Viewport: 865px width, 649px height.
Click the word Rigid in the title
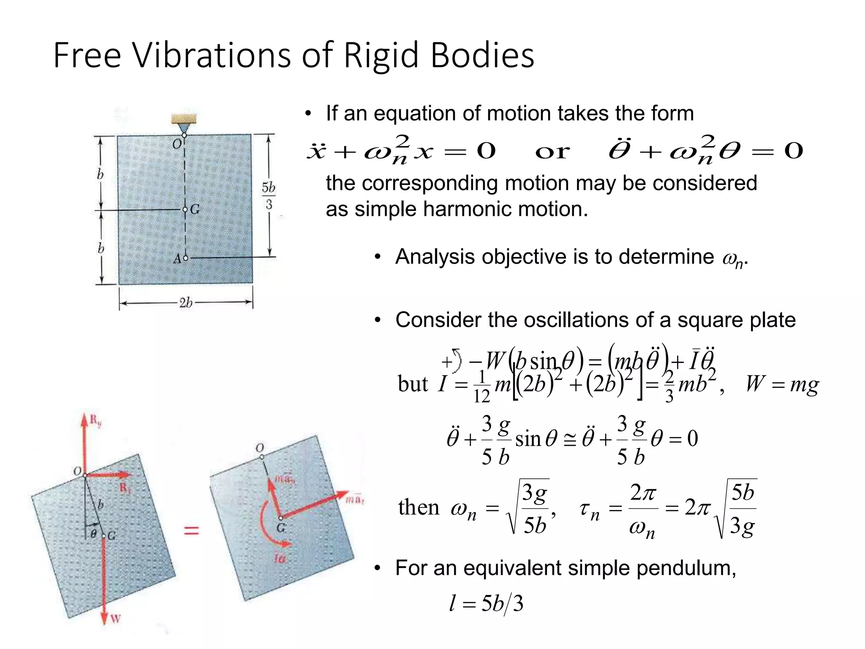381,55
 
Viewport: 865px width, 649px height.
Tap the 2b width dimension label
186,303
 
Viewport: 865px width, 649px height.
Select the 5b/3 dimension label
269,196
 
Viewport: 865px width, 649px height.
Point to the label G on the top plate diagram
195,209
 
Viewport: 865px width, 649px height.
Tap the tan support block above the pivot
184,118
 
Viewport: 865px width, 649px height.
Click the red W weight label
115,619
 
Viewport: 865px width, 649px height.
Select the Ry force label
95,420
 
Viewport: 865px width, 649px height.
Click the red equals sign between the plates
191,530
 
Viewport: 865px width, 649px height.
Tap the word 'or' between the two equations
552,151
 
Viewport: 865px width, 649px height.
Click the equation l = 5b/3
486,603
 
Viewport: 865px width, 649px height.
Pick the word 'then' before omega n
419,507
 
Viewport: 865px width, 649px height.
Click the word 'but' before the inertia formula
413,384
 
